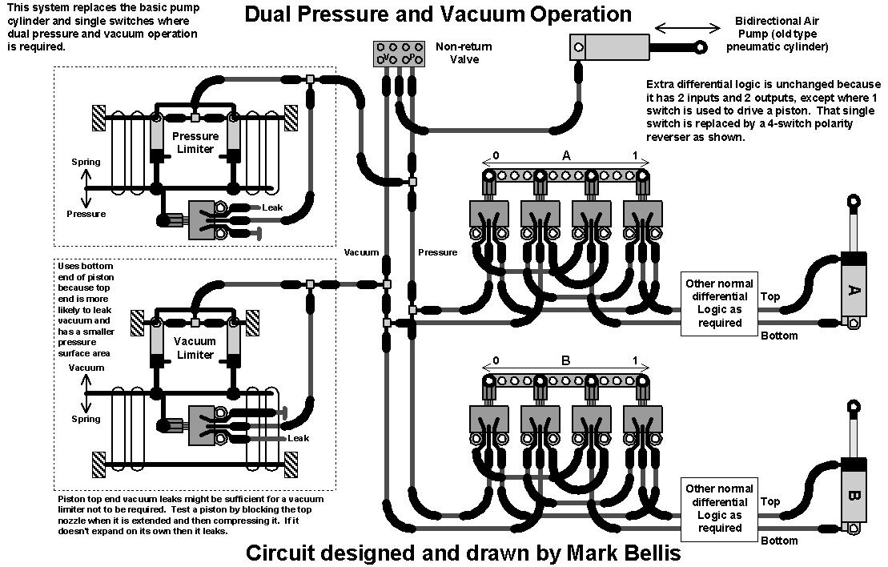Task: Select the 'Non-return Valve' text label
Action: [464, 53]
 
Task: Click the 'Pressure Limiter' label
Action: [195, 143]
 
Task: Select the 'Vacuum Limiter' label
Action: [195, 348]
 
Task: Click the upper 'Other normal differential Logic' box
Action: [718, 304]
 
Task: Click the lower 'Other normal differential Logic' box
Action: [718, 509]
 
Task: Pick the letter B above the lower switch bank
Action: [566, 360]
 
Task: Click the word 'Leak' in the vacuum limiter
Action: [298, 438]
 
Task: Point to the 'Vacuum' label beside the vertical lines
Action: [361, 252]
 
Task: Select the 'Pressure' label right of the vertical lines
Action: [437, 252]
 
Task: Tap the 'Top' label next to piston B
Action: [769, 501]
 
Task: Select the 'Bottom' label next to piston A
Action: [778, 336]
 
